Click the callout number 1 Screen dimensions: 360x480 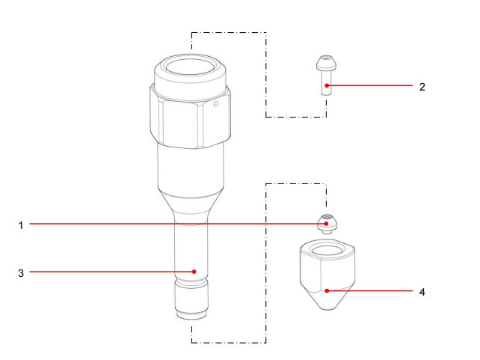point(21,224)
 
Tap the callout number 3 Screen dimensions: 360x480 point(21,272)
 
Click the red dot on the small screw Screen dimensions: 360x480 point(326,86)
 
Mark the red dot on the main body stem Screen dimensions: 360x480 point(193,272)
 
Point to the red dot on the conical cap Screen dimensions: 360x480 point(326,290)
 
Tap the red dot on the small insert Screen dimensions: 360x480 point(326,224)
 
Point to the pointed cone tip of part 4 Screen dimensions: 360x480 point(327,306)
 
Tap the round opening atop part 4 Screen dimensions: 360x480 point(327,250)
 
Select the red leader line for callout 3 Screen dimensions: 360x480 point(112,272)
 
